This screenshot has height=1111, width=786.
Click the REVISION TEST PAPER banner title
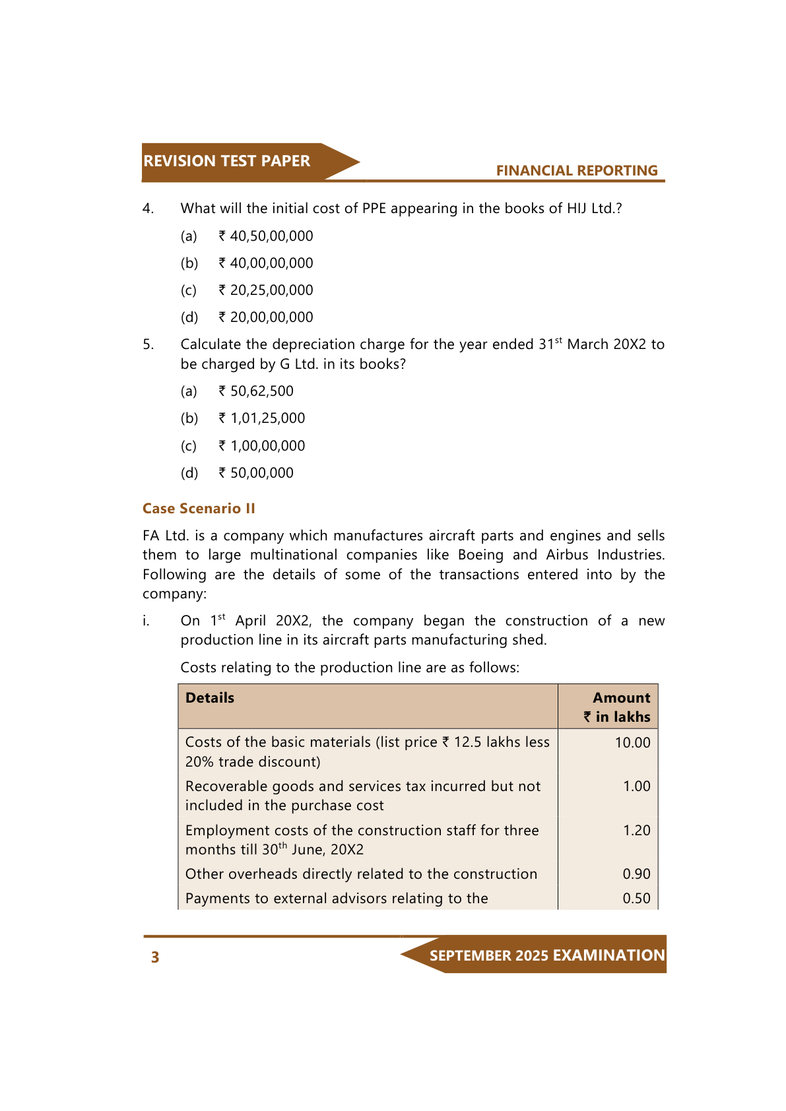226,161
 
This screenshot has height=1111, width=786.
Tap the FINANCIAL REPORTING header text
576,171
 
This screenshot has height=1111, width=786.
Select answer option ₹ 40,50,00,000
266,236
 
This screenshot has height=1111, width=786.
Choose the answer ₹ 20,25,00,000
266,290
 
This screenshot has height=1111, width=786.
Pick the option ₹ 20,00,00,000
266,317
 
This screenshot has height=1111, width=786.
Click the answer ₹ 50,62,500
256,391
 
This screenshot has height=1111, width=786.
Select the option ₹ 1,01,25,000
262,418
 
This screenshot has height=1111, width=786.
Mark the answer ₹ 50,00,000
256,473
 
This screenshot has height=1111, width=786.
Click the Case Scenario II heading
199,509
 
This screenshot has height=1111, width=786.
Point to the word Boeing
480,555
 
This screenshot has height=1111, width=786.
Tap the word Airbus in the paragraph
567,555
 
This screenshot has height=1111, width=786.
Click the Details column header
210,698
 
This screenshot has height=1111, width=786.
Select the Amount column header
621,698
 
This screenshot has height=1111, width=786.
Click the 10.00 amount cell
632,743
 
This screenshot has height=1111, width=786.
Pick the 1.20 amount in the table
636,831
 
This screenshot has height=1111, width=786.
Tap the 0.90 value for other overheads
636,874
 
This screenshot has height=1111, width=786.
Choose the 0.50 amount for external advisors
636,899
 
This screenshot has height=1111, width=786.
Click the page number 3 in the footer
155,957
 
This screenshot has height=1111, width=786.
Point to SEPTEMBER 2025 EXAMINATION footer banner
546,955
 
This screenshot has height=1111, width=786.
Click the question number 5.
148,344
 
